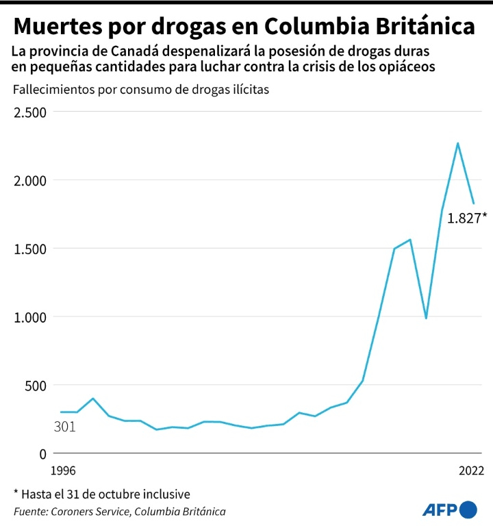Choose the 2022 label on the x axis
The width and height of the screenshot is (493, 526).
pyautogui.click(x=471, y=471)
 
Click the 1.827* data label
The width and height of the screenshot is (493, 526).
pyautogui.click(x=467, y=219)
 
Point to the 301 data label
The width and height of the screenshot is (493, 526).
pyautogui.click(x=64, y=427)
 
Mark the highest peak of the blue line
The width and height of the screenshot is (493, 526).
pyautogui.click(x=457, y=143)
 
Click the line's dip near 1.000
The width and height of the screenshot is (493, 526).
pyautogui.click(x=426, y=318)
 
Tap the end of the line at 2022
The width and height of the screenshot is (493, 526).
pyautogui.click(x=473, y=203)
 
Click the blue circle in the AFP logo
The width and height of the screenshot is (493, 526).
pyautogui.click(x=468, y=510)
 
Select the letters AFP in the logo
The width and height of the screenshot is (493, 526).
pyautogui.click(x=441, y=510)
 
